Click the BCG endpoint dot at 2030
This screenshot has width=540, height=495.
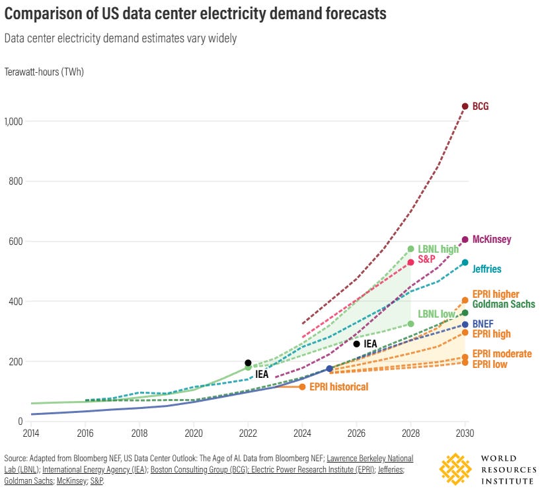pos(465,106)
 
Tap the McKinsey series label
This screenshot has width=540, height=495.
pos(492,240)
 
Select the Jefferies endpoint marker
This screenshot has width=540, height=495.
pos(465,263)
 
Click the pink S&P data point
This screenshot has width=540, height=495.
pos(410,262)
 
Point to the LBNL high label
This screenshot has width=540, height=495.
pos(438,249)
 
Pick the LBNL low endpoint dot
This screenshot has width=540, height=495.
pos(410,324)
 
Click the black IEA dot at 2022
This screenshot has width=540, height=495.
pos(248,363)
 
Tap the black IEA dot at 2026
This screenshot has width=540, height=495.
pos(356,343)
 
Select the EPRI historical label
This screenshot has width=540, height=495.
pos(338,386)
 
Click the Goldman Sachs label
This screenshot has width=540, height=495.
pos(503,304)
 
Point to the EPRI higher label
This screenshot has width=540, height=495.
pos(496,294)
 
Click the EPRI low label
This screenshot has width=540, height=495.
pos(490,364)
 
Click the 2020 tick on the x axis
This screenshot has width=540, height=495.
pos(194,433)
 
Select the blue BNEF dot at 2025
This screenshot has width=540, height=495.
pos(329,368)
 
